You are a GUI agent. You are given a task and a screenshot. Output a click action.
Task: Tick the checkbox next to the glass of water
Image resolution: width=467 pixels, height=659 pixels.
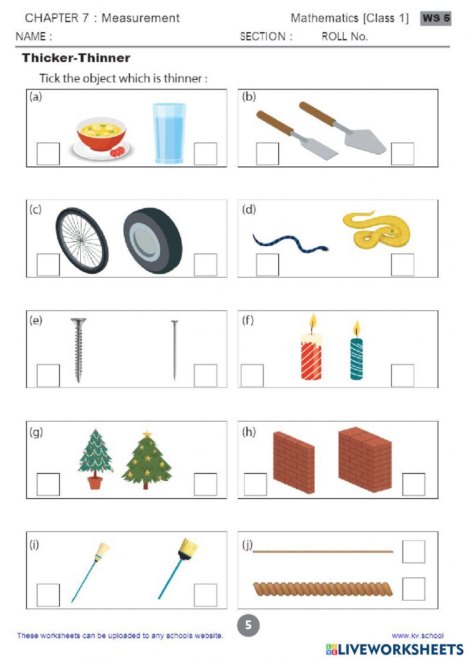click(205, 154)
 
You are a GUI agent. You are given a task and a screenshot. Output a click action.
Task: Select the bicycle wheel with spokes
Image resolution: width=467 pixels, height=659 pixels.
click(82, 240)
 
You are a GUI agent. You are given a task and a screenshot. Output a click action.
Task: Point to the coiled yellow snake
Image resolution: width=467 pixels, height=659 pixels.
click(376, 230)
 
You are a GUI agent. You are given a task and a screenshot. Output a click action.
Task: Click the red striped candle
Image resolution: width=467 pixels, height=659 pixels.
click(311, 359)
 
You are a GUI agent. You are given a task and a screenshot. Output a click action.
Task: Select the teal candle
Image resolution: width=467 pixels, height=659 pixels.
click(356, 358)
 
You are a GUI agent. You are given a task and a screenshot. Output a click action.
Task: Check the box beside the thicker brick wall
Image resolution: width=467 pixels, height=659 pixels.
click(413, 485)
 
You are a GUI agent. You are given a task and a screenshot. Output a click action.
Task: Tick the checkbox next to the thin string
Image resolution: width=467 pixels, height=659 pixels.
click(413, 552)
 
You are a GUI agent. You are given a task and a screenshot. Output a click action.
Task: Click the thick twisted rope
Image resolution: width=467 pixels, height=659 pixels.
click(322, 589)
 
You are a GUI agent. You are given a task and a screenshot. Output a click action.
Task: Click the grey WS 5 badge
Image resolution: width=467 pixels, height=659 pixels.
click(435, 18)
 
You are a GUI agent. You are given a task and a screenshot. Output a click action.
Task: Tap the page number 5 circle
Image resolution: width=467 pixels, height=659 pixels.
click(248, 625)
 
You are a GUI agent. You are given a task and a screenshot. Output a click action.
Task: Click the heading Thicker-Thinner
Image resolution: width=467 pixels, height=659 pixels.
click(76, 58)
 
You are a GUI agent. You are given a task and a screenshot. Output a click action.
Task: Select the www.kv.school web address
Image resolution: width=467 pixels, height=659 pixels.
click(417, 635)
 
